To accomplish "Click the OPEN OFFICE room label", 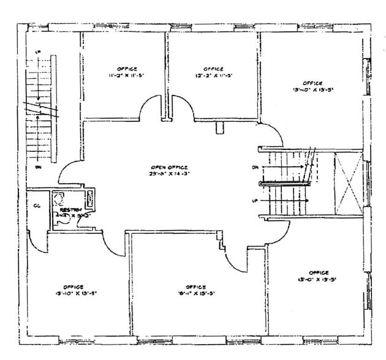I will coord(169,167).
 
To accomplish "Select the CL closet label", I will coord(37,205).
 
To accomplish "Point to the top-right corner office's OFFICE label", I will coord(312,82).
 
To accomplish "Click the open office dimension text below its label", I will coord(169,174).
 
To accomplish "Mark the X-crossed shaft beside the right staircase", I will coord(348,184).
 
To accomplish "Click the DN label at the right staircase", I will coord(255,167).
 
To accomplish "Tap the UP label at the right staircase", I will coord(255,200).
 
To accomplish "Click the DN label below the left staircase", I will coord(37,166).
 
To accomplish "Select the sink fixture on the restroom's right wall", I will coord(90,198).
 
